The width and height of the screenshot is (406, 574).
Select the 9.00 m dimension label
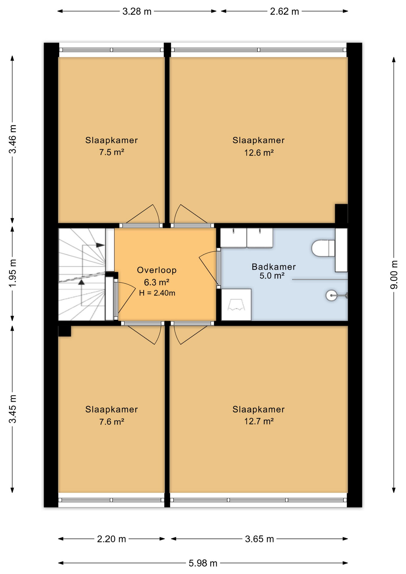coord(394,275)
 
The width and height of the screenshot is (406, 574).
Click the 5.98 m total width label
coord(203,563)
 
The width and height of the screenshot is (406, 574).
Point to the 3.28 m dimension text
coord(137,11)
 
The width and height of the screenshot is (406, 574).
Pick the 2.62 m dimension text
coord(284,11)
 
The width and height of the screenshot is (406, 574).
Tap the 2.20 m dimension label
coord(112,539)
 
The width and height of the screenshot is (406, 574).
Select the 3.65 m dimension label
coord(260,539)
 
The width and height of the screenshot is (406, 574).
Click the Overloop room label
coord(157,270)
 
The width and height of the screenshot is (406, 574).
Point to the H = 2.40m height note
coord(157,293)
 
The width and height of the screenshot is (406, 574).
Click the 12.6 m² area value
coord(259,153)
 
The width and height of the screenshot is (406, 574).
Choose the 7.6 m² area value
coord(112,422)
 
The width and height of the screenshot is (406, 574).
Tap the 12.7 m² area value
coord(259,421)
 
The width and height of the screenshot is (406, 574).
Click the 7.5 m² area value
coord(112,152)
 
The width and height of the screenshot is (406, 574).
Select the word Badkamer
coord(274,267)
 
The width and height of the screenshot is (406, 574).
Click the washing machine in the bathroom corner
coord(236,305)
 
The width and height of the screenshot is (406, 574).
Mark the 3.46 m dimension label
coord(13,139)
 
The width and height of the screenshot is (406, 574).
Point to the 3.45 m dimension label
coord(13,409)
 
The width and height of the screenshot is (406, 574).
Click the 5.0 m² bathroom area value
coord(272,276)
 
